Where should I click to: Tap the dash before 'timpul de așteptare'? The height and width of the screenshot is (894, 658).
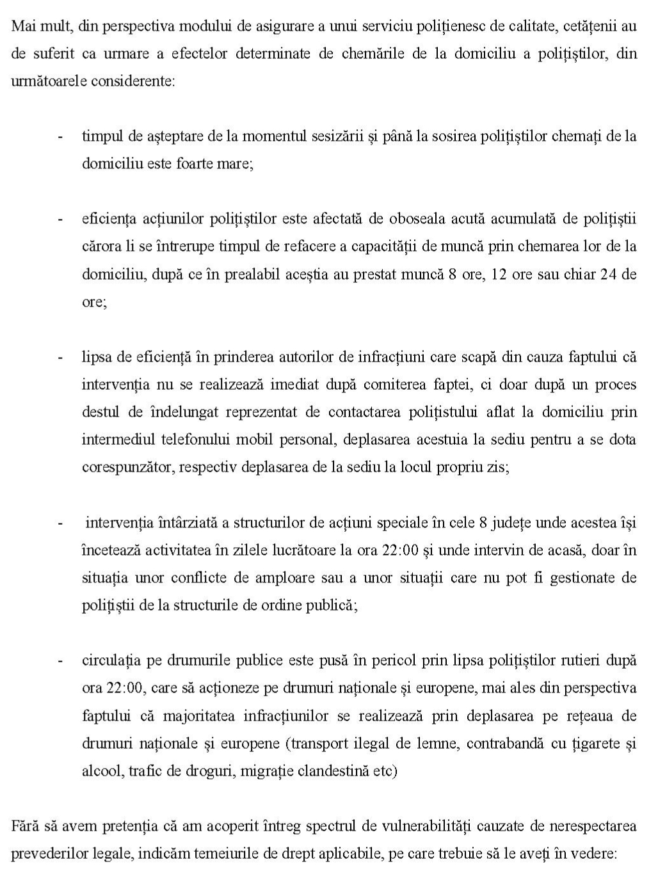coord(61,137)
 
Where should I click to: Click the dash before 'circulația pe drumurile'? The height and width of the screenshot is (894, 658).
coord(61,660)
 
